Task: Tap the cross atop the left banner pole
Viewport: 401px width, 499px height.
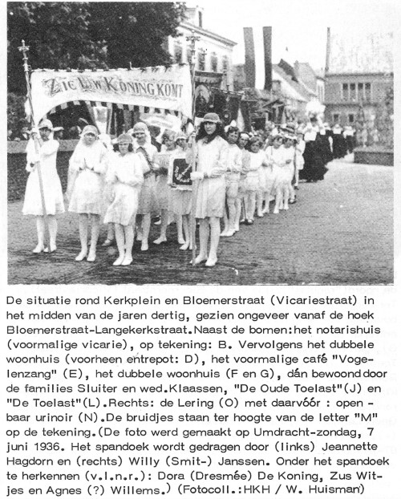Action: tap(24, 47)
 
